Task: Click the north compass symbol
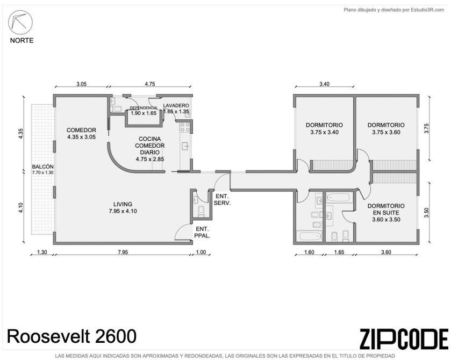point(20,22)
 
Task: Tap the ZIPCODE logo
point(404,339)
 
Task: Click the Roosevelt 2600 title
point(71,336)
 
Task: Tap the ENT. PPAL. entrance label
point(203,232)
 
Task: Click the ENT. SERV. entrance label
point(223,199)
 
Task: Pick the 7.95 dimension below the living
point(123,252)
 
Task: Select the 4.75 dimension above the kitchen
point(150,84)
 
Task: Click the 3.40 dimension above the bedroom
point(325,84)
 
